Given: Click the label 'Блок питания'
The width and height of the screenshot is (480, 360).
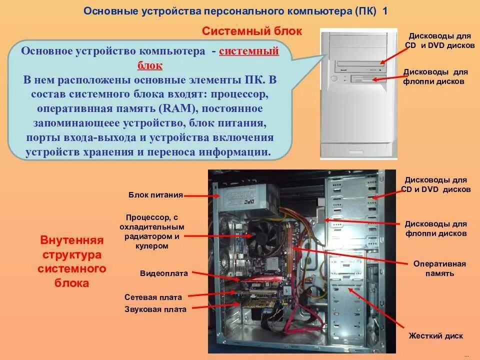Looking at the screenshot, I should click(155, 195).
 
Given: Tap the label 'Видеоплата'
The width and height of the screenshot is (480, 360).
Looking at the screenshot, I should click(163, 273).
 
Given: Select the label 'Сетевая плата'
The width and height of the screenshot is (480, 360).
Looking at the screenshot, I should click(153, 297).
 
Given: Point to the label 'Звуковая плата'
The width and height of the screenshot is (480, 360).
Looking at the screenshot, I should click(155, 309).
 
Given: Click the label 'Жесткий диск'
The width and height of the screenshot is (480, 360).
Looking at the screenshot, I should click(435, 336).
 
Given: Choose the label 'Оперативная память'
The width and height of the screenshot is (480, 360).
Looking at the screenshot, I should click(439, 268).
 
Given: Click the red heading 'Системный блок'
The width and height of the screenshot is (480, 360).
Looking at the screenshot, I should click(252, 31).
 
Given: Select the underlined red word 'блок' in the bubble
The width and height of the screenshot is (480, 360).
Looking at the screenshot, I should click(150, 65).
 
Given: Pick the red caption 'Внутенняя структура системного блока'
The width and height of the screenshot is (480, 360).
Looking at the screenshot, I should click(72, 261).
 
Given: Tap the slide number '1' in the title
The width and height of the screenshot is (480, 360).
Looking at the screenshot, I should click(385, 11).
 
